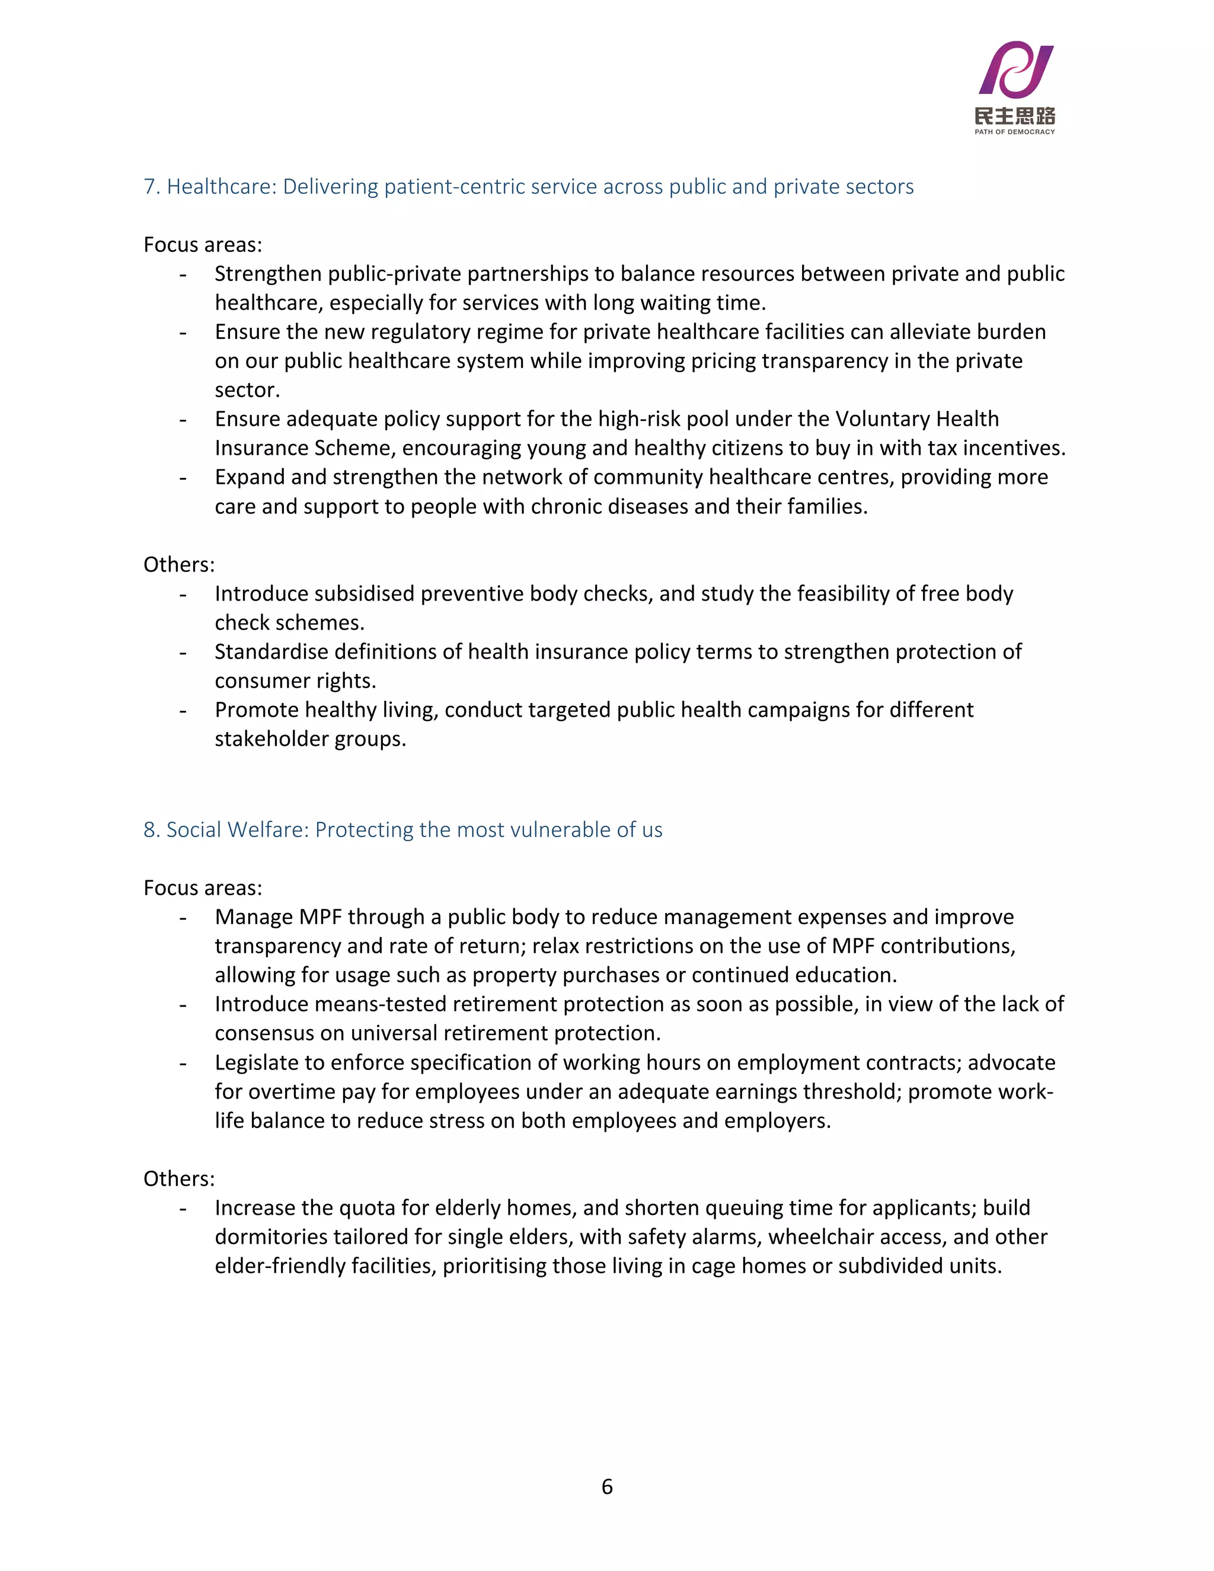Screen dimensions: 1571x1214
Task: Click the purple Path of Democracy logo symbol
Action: point(1015,71)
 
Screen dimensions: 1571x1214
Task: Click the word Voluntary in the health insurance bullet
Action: point(881,419)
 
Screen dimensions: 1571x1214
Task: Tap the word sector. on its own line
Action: point(247,390)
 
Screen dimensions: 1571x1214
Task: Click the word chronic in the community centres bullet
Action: point(570,506)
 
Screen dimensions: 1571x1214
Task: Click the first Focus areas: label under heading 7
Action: point(203,245)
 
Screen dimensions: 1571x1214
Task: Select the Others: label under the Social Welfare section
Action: point(179,1179)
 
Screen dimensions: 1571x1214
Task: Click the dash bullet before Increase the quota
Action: point(183,1208)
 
